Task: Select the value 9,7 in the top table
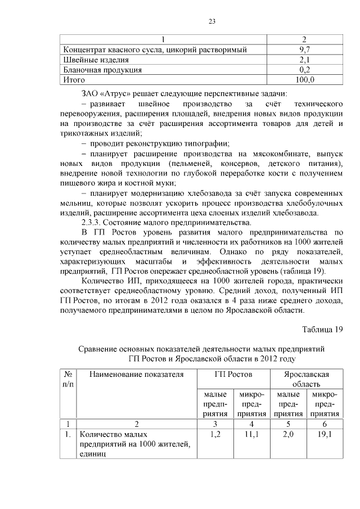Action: tap(305, 50)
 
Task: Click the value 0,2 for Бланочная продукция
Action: tap(305, 70)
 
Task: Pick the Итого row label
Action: tap(73, 80)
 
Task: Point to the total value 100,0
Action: tap(305, 80)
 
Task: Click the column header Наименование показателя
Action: tap(136, 374)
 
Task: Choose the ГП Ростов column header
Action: tap(233, 374)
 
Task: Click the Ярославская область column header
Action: tap(307, 379)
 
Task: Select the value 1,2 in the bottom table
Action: tap(215, 435)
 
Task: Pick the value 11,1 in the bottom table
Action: tap(251, 435)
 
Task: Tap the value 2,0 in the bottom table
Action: tap(288, 435)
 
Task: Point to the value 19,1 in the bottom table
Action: tap(325, 435)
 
